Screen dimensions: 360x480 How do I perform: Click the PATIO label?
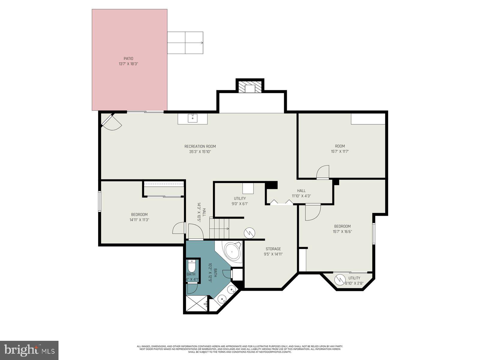pos(128,58)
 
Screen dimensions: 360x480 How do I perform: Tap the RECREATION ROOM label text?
pos(200,146)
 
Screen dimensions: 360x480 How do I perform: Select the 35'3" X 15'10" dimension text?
pos(200,152)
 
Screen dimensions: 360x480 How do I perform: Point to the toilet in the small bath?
pos(191,265)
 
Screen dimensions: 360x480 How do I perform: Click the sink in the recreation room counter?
pos(192,118)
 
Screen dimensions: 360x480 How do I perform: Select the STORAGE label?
pos(273,249)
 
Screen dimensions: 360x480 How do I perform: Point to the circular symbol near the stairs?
pos(249,232)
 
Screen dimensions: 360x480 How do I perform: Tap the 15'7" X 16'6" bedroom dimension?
pos(342,232)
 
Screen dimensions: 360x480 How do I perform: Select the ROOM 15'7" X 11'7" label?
pos(340,149)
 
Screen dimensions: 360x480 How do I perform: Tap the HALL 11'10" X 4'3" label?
pos(301,193)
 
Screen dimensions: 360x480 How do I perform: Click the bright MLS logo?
pos(29,350)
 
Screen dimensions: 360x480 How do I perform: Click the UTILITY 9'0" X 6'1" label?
pos(240,201)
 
